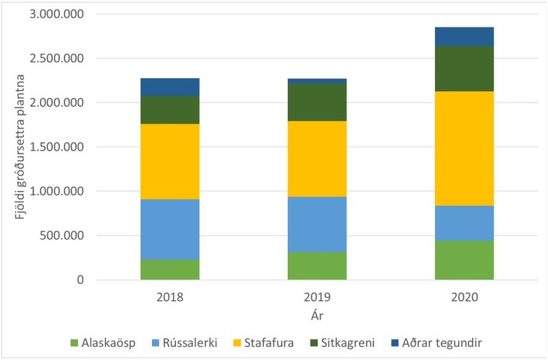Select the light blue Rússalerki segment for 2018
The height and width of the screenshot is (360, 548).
pos(170,229)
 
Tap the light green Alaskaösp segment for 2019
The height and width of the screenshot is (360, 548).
pos(316,266)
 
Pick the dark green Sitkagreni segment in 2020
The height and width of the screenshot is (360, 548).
pos(464,68)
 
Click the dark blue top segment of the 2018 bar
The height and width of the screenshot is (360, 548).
pos(170,87)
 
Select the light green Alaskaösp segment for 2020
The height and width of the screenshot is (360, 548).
pos(464,259)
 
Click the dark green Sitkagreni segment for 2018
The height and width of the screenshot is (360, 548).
pos(170,110)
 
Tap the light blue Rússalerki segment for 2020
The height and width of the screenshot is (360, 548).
pos(464,222)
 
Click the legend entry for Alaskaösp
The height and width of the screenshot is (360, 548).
pos(102,342)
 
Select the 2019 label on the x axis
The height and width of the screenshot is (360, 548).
pos(316,298)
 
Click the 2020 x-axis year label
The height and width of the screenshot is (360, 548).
pos(464,298)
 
